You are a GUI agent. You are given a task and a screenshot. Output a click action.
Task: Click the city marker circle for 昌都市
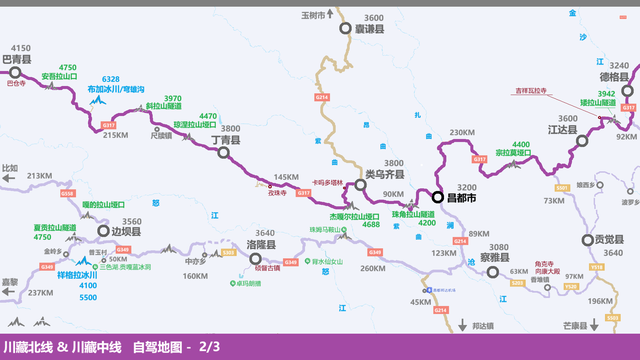click(438, 198)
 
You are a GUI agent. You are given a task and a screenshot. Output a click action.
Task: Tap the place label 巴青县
click(20, 60)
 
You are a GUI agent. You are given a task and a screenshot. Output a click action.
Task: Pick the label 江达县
click(564, 130)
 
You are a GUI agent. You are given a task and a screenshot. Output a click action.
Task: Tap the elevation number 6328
click(110, 79)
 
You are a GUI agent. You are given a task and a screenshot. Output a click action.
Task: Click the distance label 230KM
click(462, 133)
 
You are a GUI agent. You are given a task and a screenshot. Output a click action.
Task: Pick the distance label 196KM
click(600, 302)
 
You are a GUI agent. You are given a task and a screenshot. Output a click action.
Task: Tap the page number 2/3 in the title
click(210, 347)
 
